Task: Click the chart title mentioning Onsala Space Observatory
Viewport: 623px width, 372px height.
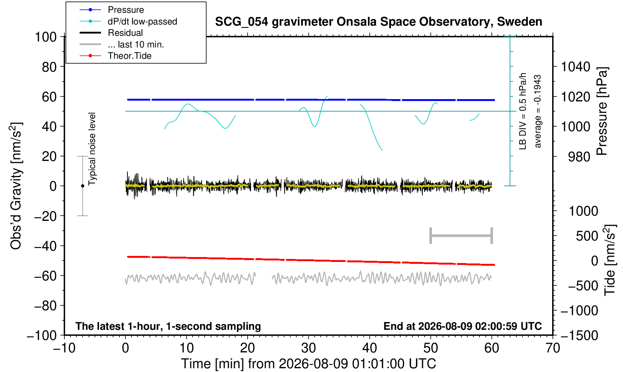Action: point(378,22)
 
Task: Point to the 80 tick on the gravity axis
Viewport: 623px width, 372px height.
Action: point(49,67)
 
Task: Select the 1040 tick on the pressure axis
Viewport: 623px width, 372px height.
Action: point(576,67)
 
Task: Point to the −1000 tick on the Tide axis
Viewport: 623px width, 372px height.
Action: point(579,311)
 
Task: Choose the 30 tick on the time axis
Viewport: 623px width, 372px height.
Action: point(308,348)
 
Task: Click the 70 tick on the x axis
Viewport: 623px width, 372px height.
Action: point(553,348)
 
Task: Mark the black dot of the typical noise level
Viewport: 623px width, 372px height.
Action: point(83,186)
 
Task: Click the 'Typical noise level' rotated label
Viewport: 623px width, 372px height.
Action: point(92,149)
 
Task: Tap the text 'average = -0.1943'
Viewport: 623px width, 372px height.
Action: point(537,111)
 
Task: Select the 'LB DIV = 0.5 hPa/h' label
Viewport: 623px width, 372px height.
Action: point(523,111)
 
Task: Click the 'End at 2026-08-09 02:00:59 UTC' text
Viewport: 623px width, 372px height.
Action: point(462,326)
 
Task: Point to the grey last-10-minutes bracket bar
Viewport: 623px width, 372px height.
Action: point(461,236)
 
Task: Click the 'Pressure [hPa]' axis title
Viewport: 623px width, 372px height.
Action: point(602,111)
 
